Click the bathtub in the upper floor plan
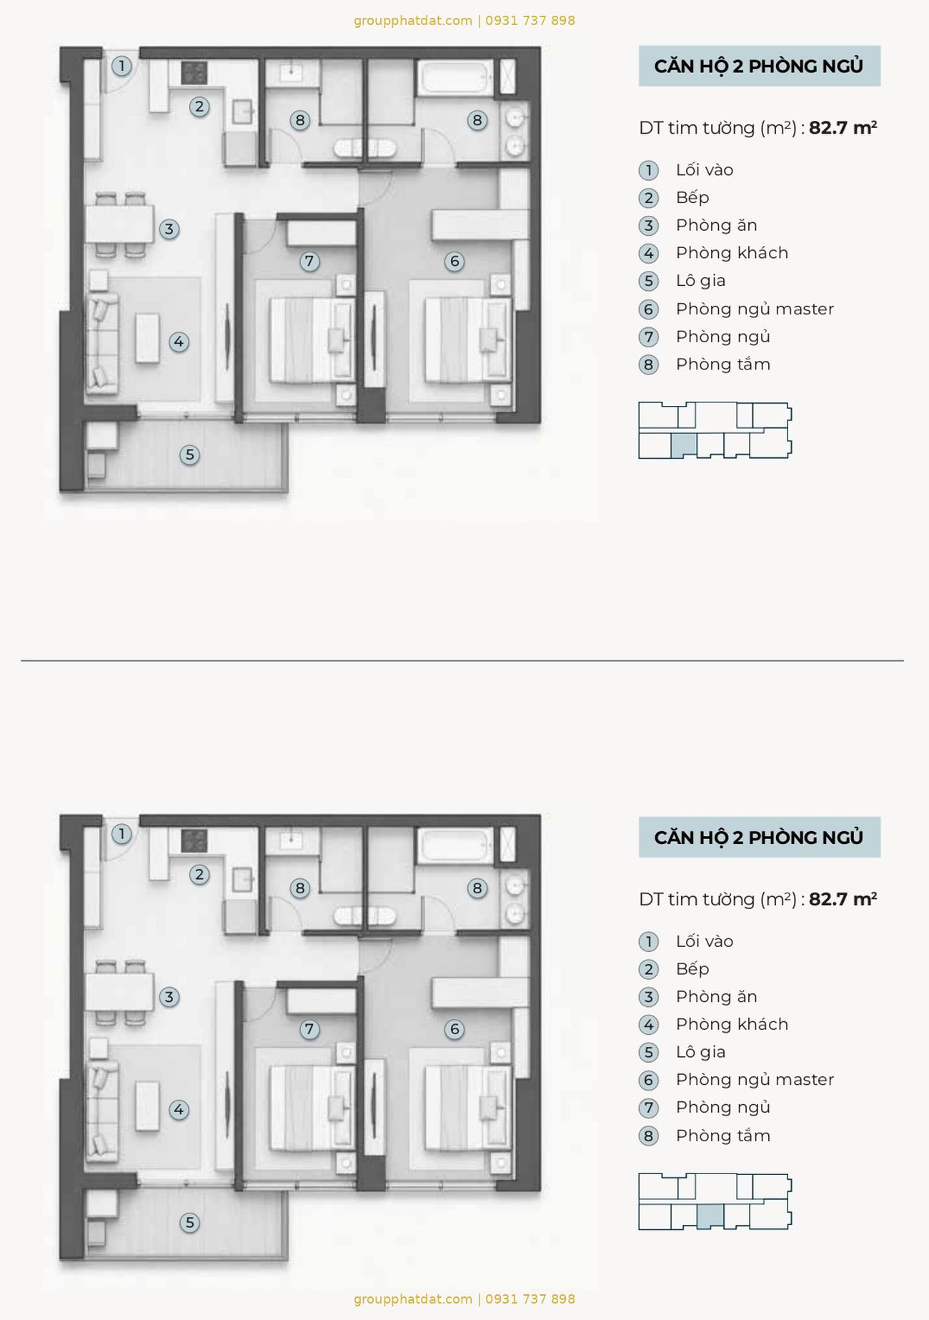(455, 78)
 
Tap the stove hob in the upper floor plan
(194, 73)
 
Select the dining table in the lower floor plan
(119, 991)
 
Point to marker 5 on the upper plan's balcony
(189, 455)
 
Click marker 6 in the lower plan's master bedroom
(454, 1029)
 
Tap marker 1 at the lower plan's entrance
(121, 833)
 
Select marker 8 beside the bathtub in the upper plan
(477, 120)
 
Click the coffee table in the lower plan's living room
(148, 1106)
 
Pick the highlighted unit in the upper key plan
(684, 445)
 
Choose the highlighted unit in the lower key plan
(710, 1216)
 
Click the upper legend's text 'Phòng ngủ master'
(755, 309)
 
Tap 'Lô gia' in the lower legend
(700, 1051)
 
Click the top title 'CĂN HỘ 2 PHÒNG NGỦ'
(759, 66)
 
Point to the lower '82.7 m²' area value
(843, 899)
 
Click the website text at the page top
(413, 21)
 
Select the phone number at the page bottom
(530, 1299)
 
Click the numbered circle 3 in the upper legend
(648, 226)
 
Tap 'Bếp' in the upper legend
(692, 197)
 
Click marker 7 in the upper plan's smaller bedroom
(309, 262)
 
